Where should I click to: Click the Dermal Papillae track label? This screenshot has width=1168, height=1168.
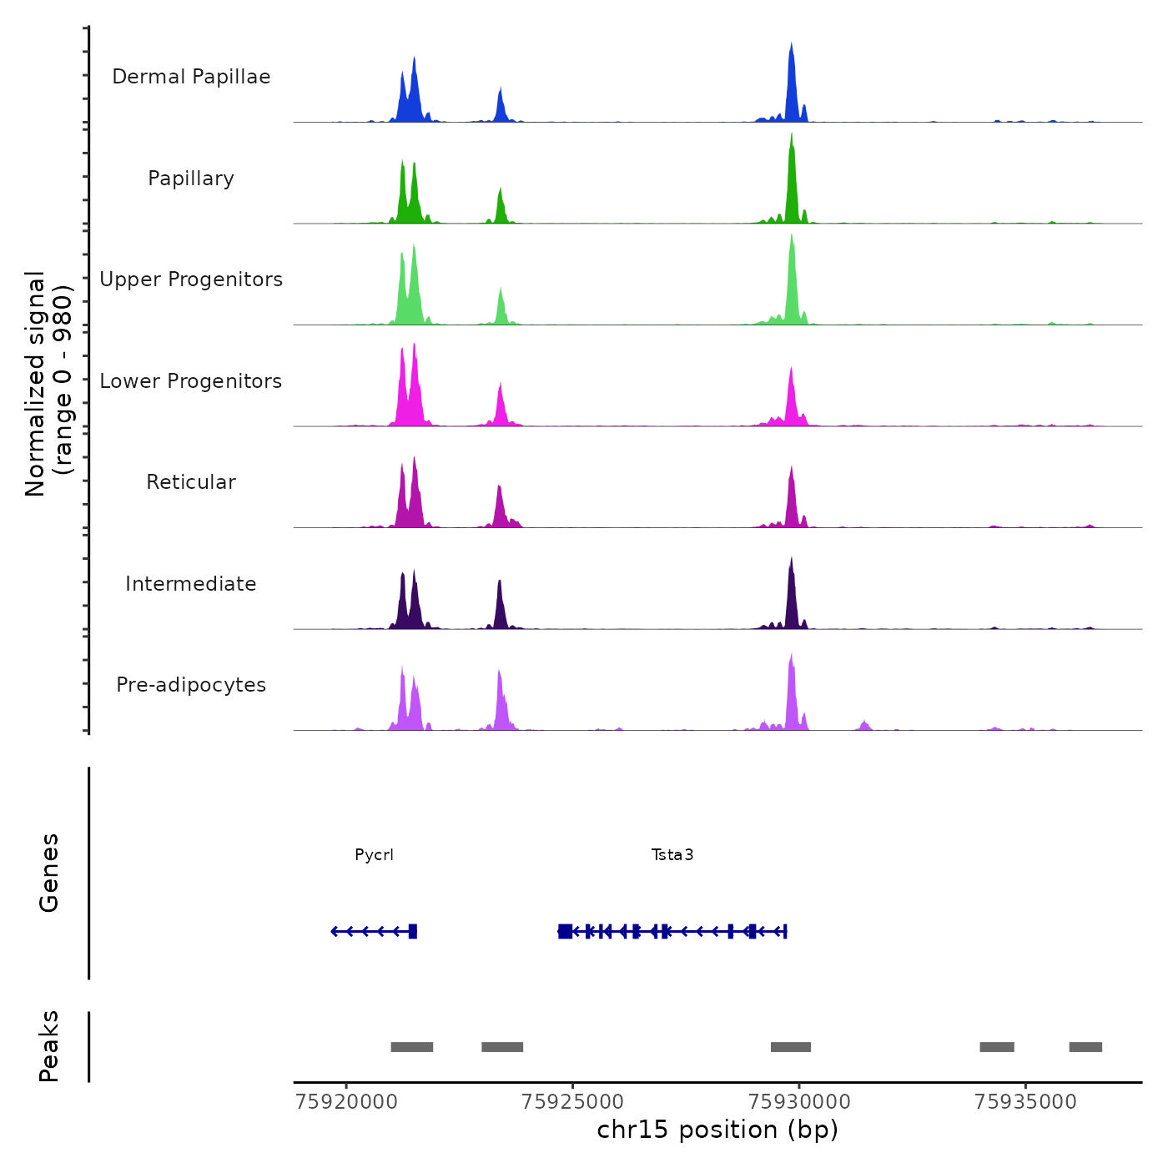pos(191,77)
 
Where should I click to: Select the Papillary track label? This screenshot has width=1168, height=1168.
pos(191,179)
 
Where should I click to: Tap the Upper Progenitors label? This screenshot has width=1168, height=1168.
pos(191,279)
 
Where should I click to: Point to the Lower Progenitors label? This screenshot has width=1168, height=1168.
pos(191,381)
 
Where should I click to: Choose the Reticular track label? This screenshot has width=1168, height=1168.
pos(191,482)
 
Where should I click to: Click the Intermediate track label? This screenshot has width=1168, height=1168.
pos(191,584)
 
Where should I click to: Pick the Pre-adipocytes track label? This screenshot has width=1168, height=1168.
pos(191,685)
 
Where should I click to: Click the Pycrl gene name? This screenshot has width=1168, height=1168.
pos(374,855)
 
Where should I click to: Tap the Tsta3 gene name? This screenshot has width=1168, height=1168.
pos(672,855)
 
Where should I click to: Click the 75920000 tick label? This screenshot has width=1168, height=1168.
pos(347,1102)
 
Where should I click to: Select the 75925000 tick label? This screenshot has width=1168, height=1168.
pos(573,1102)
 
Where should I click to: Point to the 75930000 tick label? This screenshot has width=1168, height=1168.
pos(799,1102)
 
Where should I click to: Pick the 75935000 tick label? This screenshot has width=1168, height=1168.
pos(1025,1102)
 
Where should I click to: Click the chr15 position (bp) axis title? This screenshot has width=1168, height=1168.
pos(717,1130)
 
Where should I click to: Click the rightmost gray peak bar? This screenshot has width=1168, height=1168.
pos(1085,1047)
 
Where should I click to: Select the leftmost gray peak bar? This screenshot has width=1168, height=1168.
pos(412,1047)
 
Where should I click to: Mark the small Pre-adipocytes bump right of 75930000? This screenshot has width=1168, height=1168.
pos(864,725)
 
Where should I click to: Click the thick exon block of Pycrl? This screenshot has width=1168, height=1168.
pos(412,931)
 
